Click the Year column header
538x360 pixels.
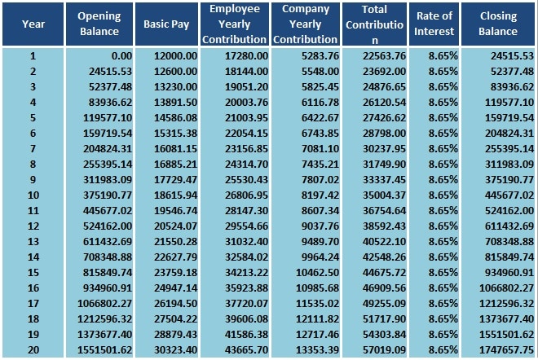[33, 24]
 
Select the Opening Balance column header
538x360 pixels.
[99, 24]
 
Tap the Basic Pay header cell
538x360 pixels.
[166, 24]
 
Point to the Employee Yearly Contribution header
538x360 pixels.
[234, 24]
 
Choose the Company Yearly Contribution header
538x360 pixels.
[305, 24]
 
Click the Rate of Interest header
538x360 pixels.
[434, 24]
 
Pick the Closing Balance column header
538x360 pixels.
[498, 24]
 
